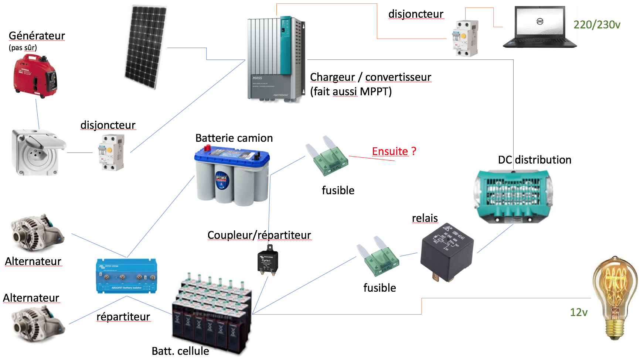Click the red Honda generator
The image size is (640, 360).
(x=35, y=76)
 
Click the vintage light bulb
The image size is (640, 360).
(x=615, y=297)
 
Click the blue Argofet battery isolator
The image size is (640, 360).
(x=126, y=276)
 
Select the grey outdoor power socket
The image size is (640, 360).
(x=37, y=152)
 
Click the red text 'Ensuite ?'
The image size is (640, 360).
(x=394, y=151)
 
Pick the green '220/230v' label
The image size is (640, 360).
(x=597, y=25)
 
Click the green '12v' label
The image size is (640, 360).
(x=579, y=312)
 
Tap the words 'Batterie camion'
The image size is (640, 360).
(x=234, y=138)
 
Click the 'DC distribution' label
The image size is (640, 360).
(x=534, y=160)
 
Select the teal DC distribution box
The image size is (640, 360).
(x=513, y=196)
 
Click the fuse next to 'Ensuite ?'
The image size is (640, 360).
(x=327, y=157)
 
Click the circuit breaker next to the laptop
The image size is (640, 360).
(x=465, y=38)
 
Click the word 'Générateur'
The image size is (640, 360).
(x=37, y=36)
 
